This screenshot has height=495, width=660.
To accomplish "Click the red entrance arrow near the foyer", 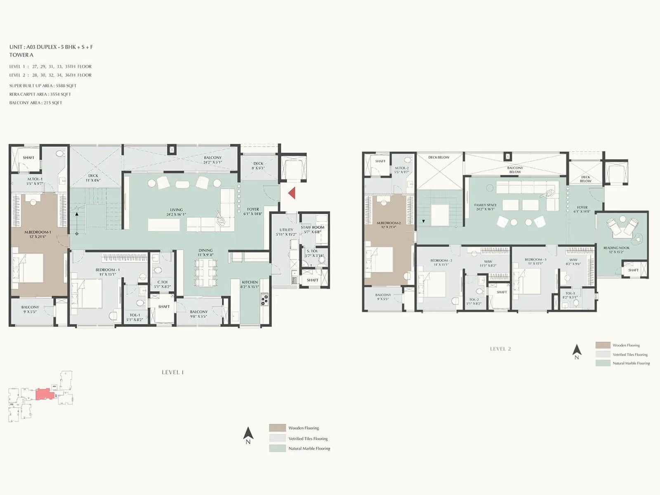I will (292, 193).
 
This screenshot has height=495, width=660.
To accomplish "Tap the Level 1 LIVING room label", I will (176, 210).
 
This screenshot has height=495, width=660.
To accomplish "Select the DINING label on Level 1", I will (205, 250).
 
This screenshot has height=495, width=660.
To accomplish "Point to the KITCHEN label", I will (250, 282).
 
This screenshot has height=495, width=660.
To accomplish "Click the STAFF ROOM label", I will (312, 227).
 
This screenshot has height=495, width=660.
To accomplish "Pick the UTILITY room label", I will (286, 230).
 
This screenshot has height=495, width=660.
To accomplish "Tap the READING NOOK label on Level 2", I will (616, 248).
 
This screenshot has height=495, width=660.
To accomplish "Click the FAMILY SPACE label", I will (485, 205).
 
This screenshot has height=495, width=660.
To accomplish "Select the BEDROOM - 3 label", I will (535, 259).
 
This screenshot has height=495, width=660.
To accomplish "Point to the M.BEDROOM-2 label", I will (389, 223).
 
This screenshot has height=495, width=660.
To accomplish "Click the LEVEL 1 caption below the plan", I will (173, 372).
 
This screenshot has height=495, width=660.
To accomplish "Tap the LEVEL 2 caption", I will (500, 349).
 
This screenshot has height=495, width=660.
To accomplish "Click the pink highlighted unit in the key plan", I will (45, 394).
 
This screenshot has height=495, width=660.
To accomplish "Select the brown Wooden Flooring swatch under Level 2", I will (603, 345).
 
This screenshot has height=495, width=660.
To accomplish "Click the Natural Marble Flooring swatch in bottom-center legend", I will (277, 448).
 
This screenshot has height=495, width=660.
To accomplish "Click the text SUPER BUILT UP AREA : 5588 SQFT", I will (43, 86).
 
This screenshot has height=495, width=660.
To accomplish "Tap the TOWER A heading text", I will (21, 55).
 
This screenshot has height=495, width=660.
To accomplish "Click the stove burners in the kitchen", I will (264, 299).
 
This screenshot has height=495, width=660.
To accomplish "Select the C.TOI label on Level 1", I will (163, 282).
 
